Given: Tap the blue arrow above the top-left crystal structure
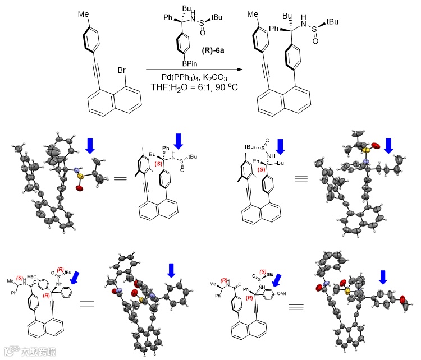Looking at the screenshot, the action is click(89, 145).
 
